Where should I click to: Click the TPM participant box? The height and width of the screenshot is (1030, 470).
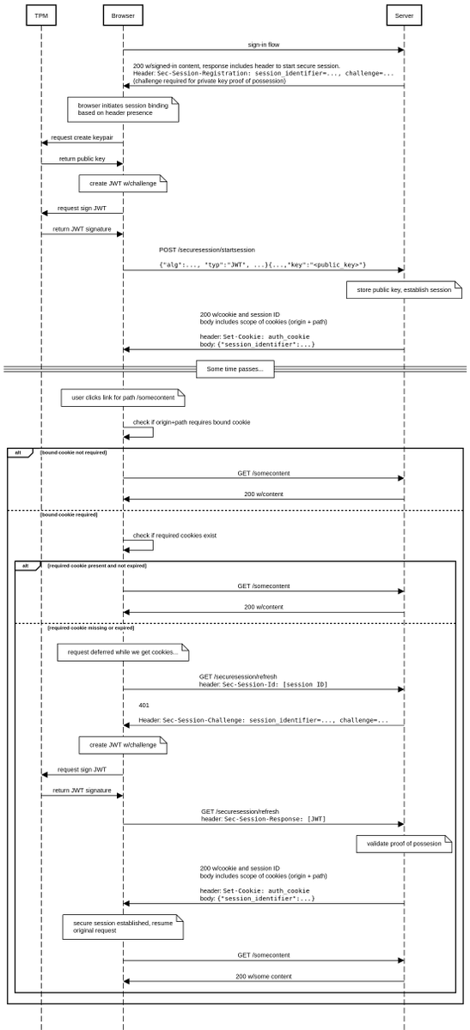pyautogui.click(x=40, y=15)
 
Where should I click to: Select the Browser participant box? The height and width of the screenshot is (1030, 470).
pyautogui.click(x=123, y=15)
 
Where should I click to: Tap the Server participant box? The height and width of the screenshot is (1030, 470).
pyautogui.click(x=404, y=15)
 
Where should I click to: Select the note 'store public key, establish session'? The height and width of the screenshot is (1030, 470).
pyautogui.click(x=404, y=290)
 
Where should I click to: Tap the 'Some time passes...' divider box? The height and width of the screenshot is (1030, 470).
pyautogui.click(x=235, y=369)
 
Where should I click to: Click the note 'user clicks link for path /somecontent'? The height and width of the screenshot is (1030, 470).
pyautogui.click(x=123, y=398)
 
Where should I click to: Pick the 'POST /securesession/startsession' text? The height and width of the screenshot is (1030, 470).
pyautogui.click(x=206, y=250)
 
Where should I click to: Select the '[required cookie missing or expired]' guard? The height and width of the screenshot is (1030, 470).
pyautogui.click(x=90, y=627)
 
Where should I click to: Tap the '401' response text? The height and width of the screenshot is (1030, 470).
pyautogui.click(x=144, y=705)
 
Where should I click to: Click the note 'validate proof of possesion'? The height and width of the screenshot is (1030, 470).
pyautogui.click(x=404, y=844)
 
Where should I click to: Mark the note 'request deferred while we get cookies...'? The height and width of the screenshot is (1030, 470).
pyautogui.click(x=123, y=652)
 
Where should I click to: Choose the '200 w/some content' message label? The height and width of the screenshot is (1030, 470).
pyautogui.click(x=264, y=976)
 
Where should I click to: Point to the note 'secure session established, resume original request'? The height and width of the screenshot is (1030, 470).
pyautogui.click(x=123, y=927)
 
